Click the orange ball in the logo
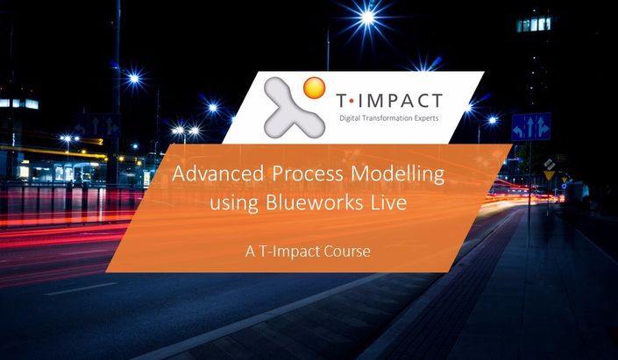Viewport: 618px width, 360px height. pyautogui.click(x=314, y=88)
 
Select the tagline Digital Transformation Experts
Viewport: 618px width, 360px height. pyautogui.click(x=389, y=118)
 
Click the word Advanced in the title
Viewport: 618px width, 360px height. pyautogui.click(x=218, y=173)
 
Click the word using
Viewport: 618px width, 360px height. pyautogui.click(x=234, y=203)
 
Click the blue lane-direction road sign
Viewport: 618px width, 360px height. pyautogui.click(x=531, y=127)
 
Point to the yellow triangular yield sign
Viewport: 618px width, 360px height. pyautogui.click(x=549, y=175)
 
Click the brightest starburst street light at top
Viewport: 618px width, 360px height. pyautogui.click(x=367, y=17)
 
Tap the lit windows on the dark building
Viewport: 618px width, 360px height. pyautogui.click(x=534, y=24)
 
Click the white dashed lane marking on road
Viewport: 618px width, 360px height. pyautogui.click(x=80, y=289)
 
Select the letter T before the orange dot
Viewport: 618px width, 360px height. pyautogui.click(x=342, y=102)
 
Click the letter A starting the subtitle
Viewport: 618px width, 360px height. pyautogui.click(x=251, y=251)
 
